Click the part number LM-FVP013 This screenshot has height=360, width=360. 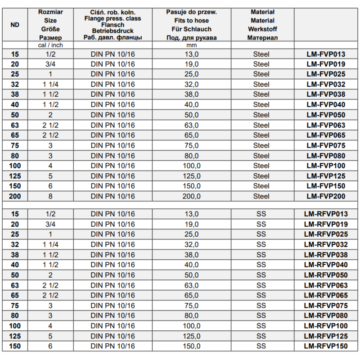coord(326,54)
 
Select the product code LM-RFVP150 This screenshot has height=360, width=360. coord(326,346)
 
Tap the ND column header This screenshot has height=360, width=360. coord(14,25)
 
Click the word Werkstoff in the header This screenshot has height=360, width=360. coord(262,29)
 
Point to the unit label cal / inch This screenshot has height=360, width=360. coord(50,45)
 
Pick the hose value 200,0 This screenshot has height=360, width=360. coord(191,196)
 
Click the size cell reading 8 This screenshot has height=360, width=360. coord(50,196)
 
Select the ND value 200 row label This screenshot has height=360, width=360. coord(14,196)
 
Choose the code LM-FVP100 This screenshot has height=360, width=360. coord(326,166)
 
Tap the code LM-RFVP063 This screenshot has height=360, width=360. coord(326,285)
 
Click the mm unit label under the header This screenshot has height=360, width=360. coord(191,45)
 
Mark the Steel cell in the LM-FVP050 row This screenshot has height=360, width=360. coord(261,115)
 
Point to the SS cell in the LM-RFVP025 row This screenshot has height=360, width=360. coord(261,234)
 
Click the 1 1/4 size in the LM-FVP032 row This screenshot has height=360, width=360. coord(50,84)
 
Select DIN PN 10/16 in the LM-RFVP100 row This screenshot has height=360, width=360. coord(112,326)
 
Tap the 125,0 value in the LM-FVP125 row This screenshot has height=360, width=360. coord(191,176)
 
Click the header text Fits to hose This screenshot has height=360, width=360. coord(191,21)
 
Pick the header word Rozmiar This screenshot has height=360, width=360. coord(51,12)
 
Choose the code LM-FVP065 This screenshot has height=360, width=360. coord(326,135)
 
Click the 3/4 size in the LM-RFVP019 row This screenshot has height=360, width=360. coord(50,224)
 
